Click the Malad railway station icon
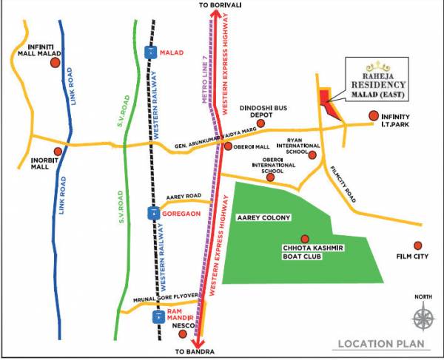tap(151, 52)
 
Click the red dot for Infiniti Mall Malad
tap(55, 64)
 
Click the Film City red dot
tap(418, 245)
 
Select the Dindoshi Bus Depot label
tap(261, 111)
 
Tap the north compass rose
tap(423, 319)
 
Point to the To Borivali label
tap(222, 6)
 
